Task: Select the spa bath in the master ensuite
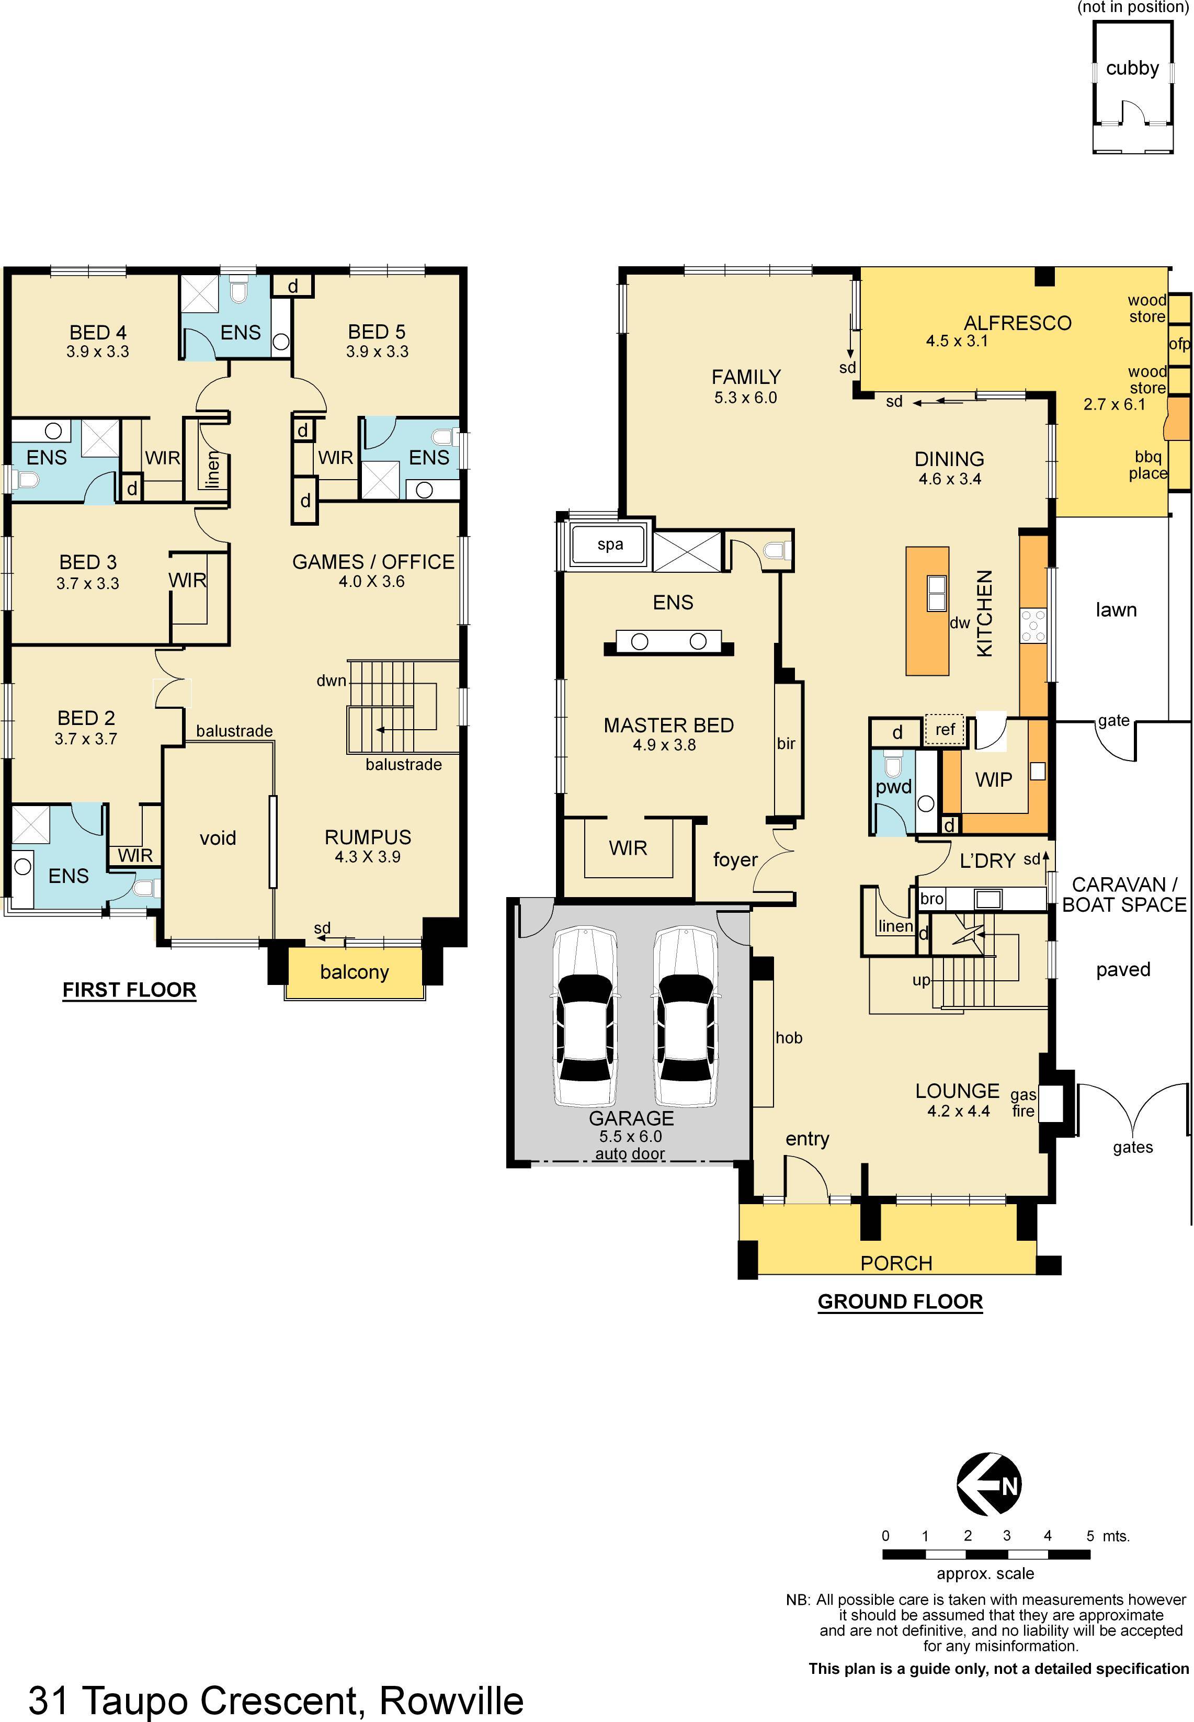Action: point(610,545)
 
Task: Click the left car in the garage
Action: point(585,1017)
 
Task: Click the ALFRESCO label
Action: point(1017,323)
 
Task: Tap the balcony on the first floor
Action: point(355,972)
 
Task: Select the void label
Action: point(218,838)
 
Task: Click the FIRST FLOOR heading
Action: point(129,990)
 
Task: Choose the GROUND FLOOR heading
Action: point(900,1301)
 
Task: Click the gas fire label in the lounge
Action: point(1024,1103)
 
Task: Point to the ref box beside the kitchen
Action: point(946,729)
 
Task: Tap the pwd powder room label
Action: point(894,787)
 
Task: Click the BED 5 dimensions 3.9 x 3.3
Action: point(377,352)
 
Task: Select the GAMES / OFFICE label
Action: point(373,562)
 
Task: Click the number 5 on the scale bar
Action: point(1090,1536)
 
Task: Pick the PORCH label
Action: point(896,1263)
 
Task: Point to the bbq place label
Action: point(1148,465)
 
